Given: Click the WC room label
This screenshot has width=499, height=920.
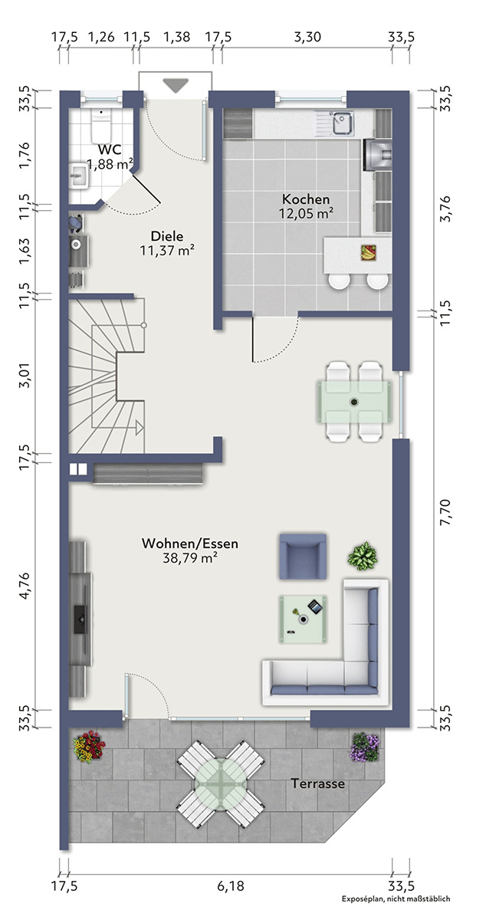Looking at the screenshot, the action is click(110, 149).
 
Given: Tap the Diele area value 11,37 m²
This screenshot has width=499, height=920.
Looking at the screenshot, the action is click(167, 250).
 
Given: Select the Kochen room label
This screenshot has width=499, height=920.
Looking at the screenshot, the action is click(306, 199).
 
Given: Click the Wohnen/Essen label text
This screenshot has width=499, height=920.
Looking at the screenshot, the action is click(190, 544).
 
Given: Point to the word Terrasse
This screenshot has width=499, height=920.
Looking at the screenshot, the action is click(318, 784).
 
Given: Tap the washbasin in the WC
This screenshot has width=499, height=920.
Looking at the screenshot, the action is click(78, 176).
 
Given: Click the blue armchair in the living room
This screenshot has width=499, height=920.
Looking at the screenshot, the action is click(303, 557).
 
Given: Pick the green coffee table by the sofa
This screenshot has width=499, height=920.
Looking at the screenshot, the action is click(303, 619).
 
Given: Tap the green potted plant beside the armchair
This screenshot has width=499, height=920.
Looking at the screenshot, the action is click(363, 556).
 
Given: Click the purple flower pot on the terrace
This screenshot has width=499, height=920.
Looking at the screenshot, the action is click(365, 747).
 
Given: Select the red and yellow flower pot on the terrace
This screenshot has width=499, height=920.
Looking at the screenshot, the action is click(89, 746).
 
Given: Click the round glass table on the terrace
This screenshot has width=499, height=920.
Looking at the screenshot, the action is click(221, 784).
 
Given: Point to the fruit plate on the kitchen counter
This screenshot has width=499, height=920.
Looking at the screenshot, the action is click(369, 252).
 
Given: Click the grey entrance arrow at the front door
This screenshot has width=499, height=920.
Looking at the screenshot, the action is click(176, 85).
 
